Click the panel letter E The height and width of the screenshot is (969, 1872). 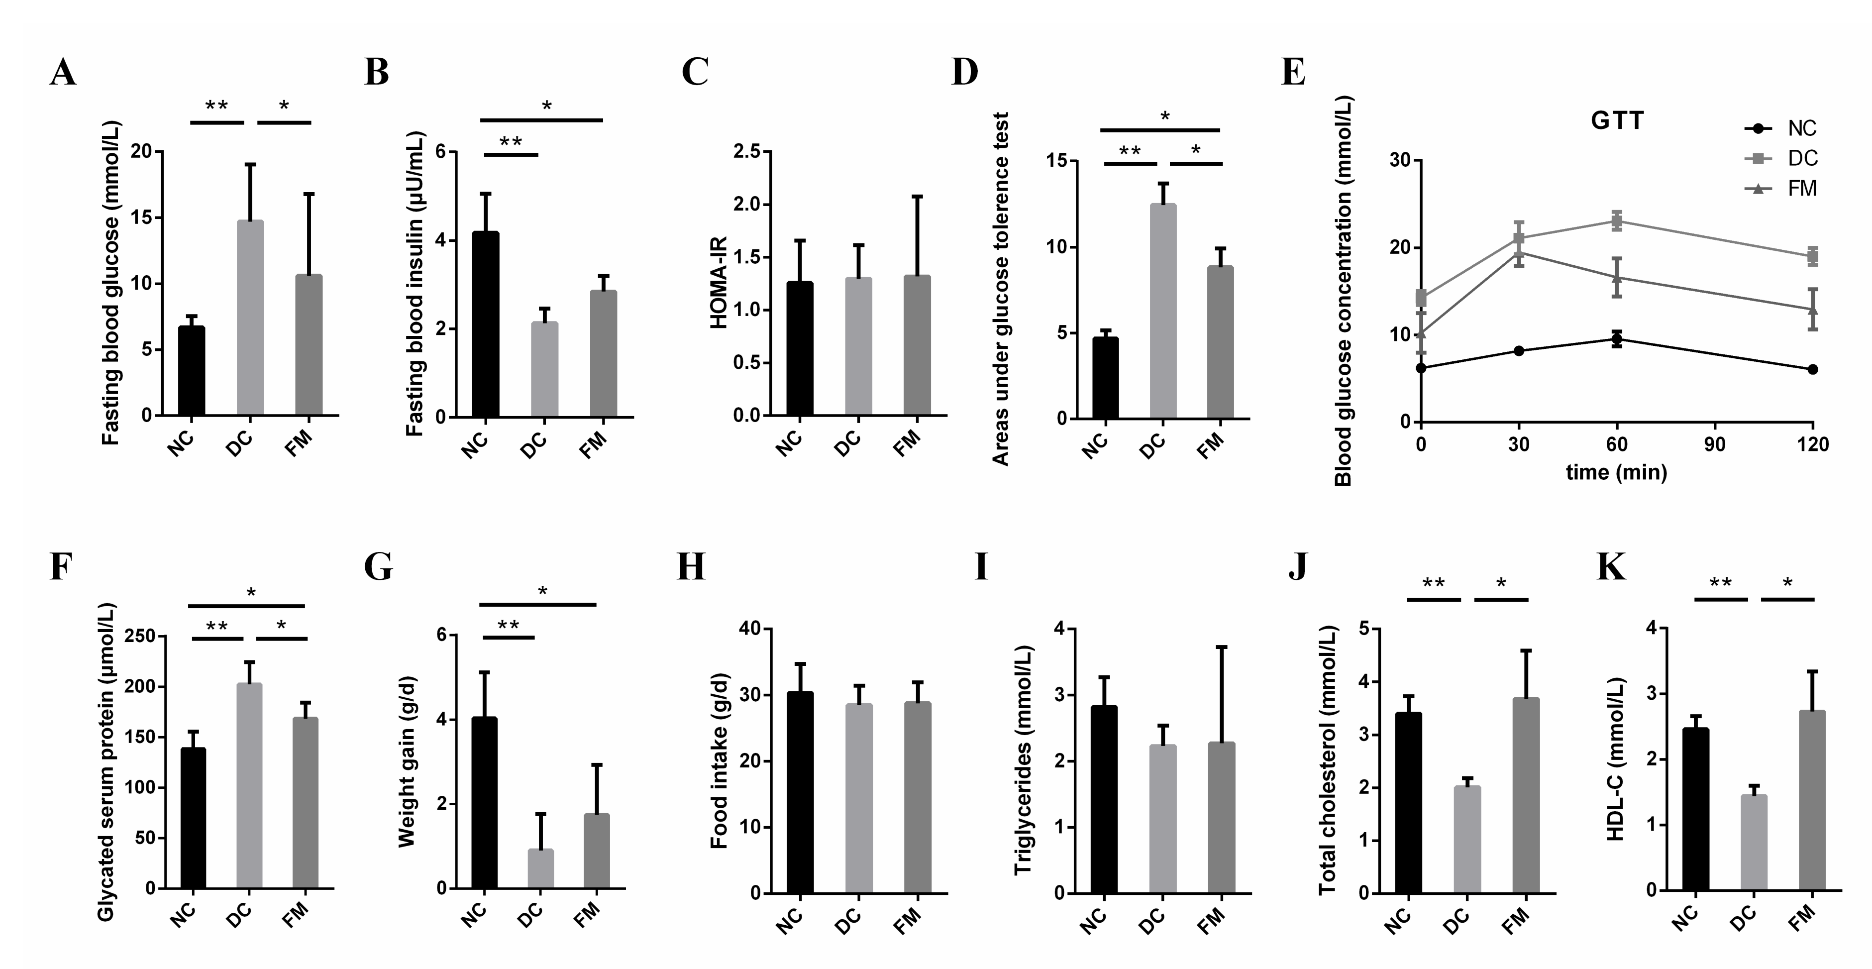pyautogui.click(x=1293, y=74)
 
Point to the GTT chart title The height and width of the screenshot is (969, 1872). pyautogui.click(x=1617, y=120)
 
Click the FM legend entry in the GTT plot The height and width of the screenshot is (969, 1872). pyautogui.click(x=1801, y=189)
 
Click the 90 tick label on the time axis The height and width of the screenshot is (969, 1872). pyautogui.click(x=1714, y=444)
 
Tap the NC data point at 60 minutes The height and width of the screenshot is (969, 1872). pyautogui.click(x=1616, y=339)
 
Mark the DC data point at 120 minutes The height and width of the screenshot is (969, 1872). pyautogui.click(x=1812, y=256)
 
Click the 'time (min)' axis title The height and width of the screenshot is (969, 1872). pyautogui.click(x=1616, y=472)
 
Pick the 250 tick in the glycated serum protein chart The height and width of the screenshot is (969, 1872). pyautogui.click(x=140, y=636)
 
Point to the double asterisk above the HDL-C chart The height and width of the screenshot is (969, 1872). pyautogui.click(x=1720, y=583)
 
